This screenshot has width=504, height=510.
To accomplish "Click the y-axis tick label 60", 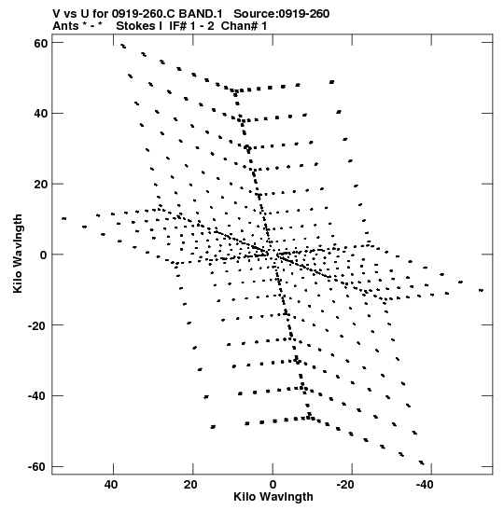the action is point(41,43).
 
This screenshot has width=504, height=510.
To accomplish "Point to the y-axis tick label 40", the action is point(41,114).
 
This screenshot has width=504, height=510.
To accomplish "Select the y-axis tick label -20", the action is point(37,325).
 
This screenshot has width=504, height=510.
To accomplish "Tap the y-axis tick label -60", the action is point(37,466).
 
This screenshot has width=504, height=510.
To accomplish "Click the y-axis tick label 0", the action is point(44,255).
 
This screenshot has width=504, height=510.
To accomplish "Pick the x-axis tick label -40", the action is point(425,485).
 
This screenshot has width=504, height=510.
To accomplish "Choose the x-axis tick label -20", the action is point(345,485).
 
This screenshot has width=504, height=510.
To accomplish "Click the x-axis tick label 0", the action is point(273,485).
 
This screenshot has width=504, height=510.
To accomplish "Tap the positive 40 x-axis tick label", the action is point(111,485).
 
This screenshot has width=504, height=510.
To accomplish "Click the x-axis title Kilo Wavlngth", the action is point(273,497).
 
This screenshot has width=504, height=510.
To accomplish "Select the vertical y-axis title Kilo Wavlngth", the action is point(18,254).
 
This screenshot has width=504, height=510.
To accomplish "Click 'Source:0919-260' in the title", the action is point(281,14).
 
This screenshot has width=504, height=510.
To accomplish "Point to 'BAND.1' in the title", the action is point(201,14).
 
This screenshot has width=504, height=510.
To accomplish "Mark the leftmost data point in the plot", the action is point(64,218).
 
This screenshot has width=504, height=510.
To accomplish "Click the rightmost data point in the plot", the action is point(481,290).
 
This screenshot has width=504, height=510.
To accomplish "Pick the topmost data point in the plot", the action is point(123,46).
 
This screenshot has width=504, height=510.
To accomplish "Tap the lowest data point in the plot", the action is point(422,462).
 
